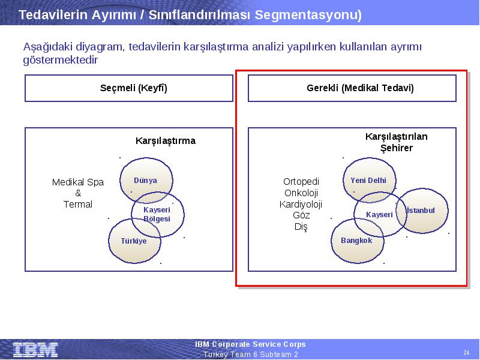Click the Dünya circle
click(x=146, y=181)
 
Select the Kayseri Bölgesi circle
click(x=158, y=214)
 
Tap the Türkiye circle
click(x=134, y=241)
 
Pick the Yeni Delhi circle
click(x=369, y=180)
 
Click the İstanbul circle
click(x=422, y=211)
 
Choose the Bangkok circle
click(x=357, y=241)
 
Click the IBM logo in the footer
click(x=35, y=350)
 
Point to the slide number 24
click(x=466, y=352)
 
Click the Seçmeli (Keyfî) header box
click(x=129, y=88)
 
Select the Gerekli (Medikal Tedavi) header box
click(x=352, y=88)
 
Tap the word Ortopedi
click(x=301, y=182)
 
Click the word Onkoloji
click(x=301, y=193)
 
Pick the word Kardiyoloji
click(x=301, y=204)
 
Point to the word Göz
click(x=301, y=215)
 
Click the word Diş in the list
click(x=301, y=227)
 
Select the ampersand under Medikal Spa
click(x=78, y=193)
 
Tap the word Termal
click(x=78, y=204)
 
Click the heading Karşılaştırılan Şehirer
click(x=397, y=142)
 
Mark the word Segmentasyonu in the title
click(x=308, y=14)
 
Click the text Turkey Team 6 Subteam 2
click(x=250, y=355)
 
